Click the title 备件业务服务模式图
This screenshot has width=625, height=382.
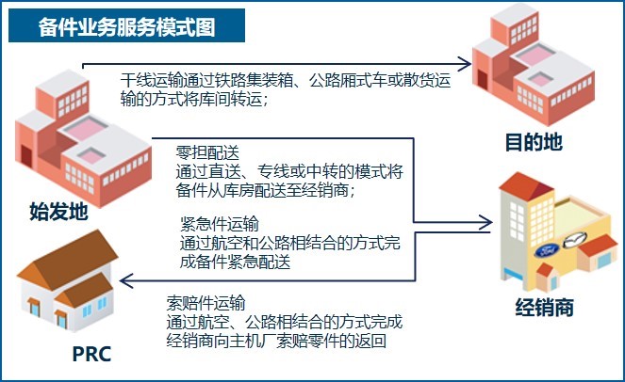(x=126, y=27)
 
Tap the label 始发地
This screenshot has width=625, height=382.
(x=58, y=211)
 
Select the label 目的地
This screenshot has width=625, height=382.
(x=534, y=142)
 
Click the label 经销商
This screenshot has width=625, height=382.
(x=545, y=307)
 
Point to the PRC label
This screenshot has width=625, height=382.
(x=91, y=354)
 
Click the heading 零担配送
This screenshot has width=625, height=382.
(x=207, y=152)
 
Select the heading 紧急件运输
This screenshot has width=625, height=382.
(x=220, y=224)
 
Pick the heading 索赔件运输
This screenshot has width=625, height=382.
(x=206, y=303)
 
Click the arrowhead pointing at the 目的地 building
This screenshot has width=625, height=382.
(x=465, y=64)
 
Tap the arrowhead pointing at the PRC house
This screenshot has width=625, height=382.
(x=126, y=281)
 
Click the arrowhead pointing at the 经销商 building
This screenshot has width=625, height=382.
(x=485, y=222)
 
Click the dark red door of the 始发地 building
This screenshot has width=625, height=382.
(x=26, y=156)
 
